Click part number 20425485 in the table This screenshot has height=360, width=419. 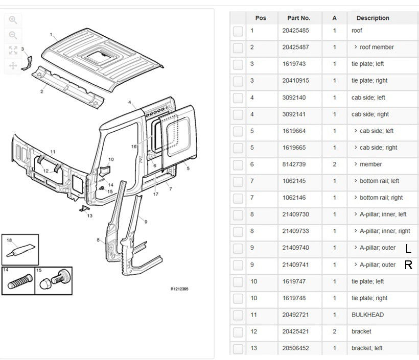295,31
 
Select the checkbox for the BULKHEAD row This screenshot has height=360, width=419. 238,316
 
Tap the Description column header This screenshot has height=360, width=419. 373,18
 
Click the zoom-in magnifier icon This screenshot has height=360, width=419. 13,20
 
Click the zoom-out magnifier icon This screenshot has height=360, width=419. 13,35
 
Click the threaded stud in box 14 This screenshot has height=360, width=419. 18,281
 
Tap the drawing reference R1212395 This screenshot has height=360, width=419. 179,289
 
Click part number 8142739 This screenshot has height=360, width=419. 294,164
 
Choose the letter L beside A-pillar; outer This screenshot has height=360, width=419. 408,249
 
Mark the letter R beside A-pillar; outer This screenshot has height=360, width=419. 408,265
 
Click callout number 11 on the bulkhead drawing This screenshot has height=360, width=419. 53,152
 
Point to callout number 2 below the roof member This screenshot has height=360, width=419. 42,92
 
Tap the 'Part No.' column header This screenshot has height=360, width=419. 298,18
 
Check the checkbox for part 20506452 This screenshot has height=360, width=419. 238,349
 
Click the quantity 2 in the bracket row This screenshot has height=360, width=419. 335,331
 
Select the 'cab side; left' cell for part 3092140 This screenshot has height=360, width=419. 368,98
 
